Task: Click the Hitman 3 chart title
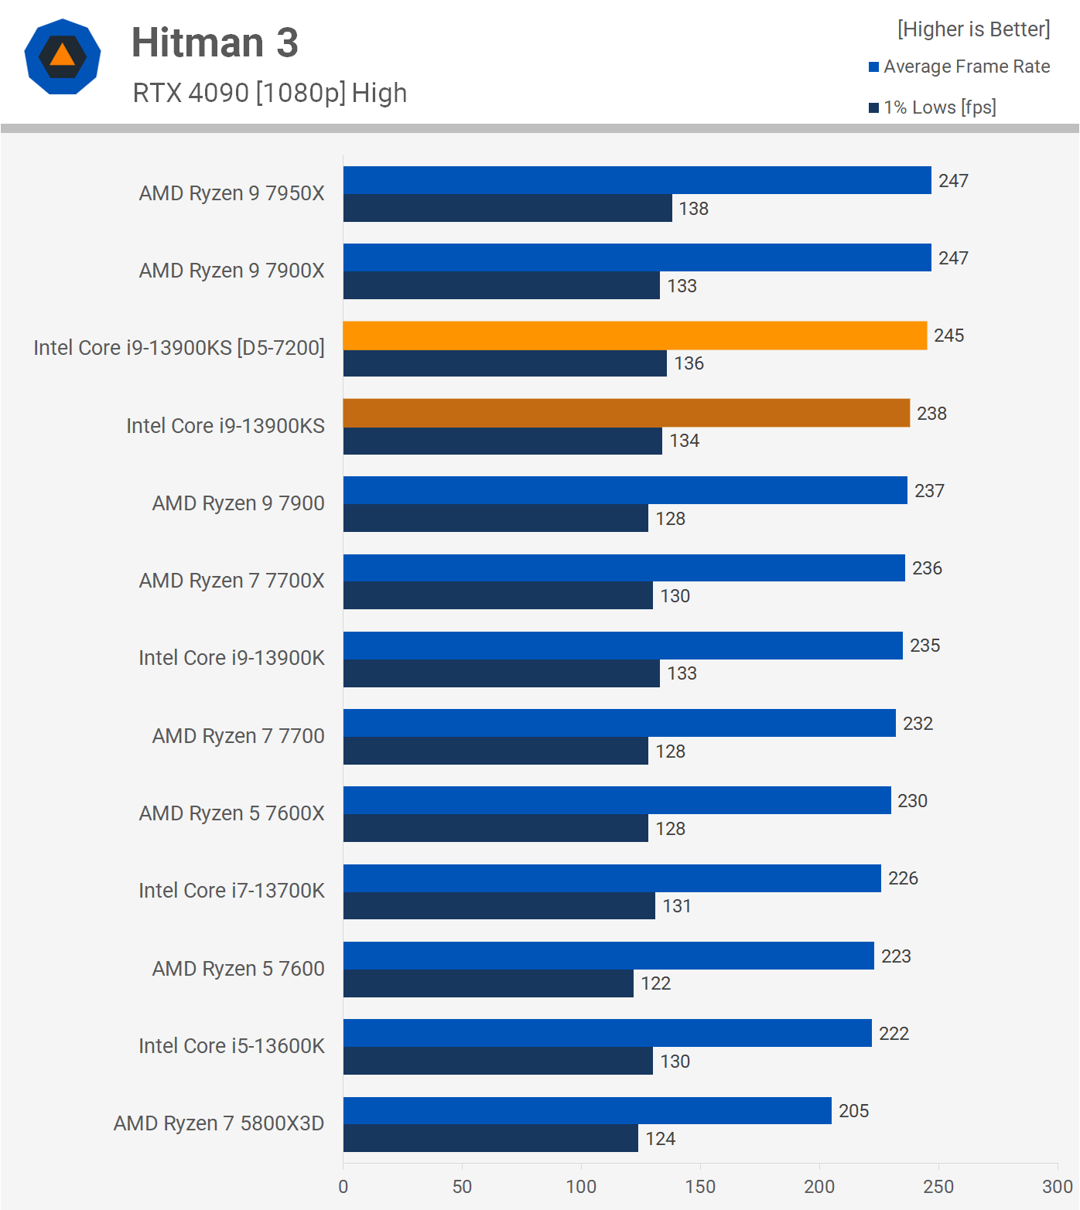(214, 43)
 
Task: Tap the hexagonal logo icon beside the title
(63, 56)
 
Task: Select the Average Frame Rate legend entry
(959, 66)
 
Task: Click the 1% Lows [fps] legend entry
(932, 107)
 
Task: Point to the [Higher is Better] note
(973, 29)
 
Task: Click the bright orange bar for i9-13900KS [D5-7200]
(634, 336)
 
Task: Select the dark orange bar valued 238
(626, 413)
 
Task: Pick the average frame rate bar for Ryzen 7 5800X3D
(587, 1110)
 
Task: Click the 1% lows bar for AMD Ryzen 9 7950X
(508, 208)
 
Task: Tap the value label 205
(854, 1111)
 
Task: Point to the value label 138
(694, 209)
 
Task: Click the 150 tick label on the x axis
(700, 1187)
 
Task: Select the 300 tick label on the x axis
(1058, 1187)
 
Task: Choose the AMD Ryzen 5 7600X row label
(231, 813)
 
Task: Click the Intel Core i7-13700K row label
(231, 891)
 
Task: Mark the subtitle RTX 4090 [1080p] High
(269, 93)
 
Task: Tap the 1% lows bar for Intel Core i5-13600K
(497, 1061)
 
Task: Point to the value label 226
(903, 878)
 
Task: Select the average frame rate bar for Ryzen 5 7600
(608, 956)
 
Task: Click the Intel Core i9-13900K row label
(231, 658)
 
